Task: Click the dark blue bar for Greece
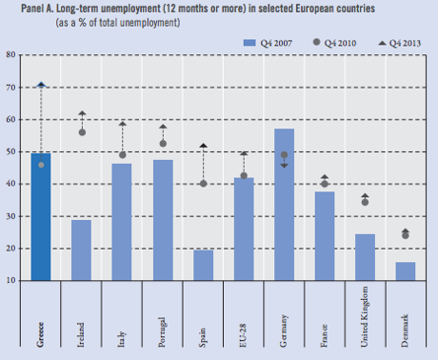click(41, 216)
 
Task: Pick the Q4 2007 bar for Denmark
click(406, 271)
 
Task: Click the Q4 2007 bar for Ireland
click(82, 250)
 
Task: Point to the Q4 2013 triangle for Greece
click(41, 85)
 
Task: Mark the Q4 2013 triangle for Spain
click(204, 146)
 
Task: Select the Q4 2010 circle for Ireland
click(82, 132)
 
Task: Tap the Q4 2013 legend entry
click(399, 43)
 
